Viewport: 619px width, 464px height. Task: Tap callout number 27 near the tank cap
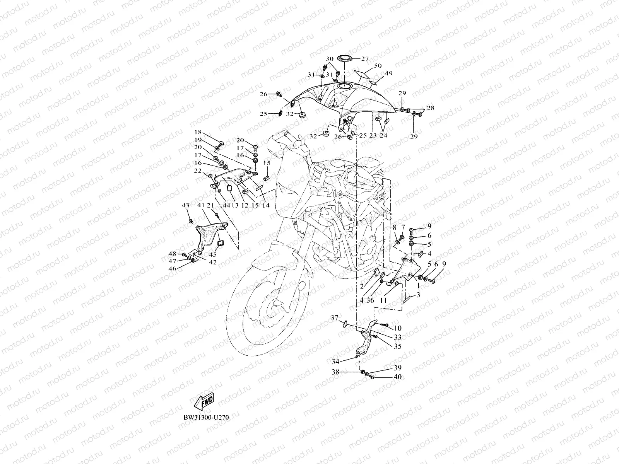[365, 59]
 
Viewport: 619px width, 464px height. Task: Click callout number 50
[378, 66]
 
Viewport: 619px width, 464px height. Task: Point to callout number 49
[388, 73]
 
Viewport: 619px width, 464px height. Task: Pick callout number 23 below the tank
[373, 136]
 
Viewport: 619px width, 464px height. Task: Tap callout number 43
[186, 205]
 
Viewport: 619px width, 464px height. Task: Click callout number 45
[213, 254]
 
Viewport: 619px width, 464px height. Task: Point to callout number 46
[172, 268]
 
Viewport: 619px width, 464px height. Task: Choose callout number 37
[334, 318]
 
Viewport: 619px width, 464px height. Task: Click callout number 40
[397, 377]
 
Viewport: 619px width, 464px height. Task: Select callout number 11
[383, 300]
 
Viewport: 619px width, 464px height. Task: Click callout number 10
[398, 328]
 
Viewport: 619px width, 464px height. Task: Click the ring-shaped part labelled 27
[344, 59]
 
